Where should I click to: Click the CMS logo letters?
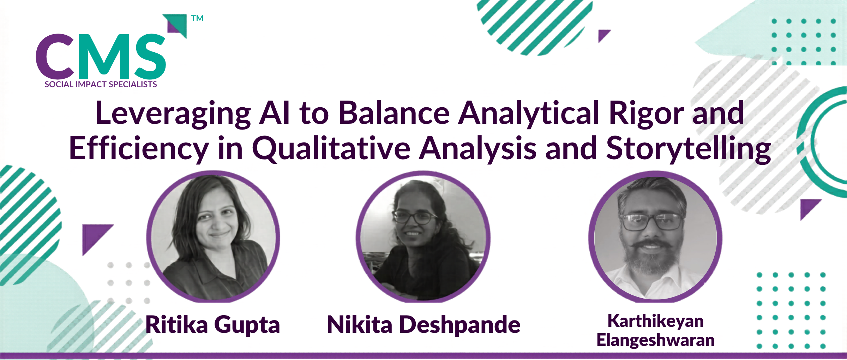tap(101, 56)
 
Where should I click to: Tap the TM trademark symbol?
tap(197, 18)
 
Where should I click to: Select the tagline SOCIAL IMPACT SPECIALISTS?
tap(101, 84)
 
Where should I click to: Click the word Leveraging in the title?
tap(173, 114)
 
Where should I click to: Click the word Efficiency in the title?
tap(139, 149)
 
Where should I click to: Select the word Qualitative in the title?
tap(331, 149)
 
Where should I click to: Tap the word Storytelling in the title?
tap(689, 149)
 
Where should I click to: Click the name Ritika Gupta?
tap(213, 325)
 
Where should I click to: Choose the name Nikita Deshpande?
tap(423, 325)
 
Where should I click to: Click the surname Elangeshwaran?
tap(655, 340)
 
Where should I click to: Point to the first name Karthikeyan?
tap(655, 321)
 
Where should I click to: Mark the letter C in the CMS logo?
tap(55, 56)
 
